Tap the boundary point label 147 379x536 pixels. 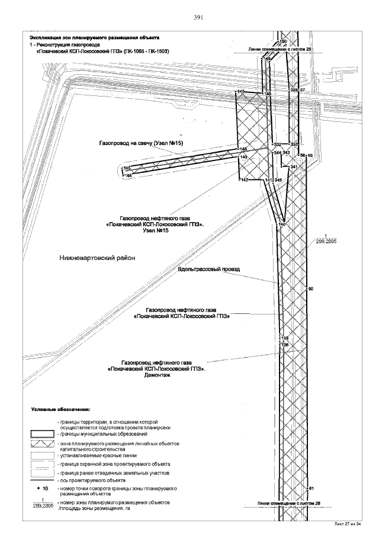[240, 92]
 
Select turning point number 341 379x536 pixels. [293, 167]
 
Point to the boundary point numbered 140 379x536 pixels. [282, 224]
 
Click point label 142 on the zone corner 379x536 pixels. [243, 180]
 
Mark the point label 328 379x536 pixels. [294, 90]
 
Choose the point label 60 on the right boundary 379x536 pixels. [310, 289]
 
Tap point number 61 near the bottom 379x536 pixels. [311, 488]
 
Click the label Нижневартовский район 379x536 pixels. [98, 258]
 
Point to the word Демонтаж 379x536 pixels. [156, 376]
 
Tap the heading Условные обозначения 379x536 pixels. [60, 409]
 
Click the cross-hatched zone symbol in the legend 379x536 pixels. [42, 444]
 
